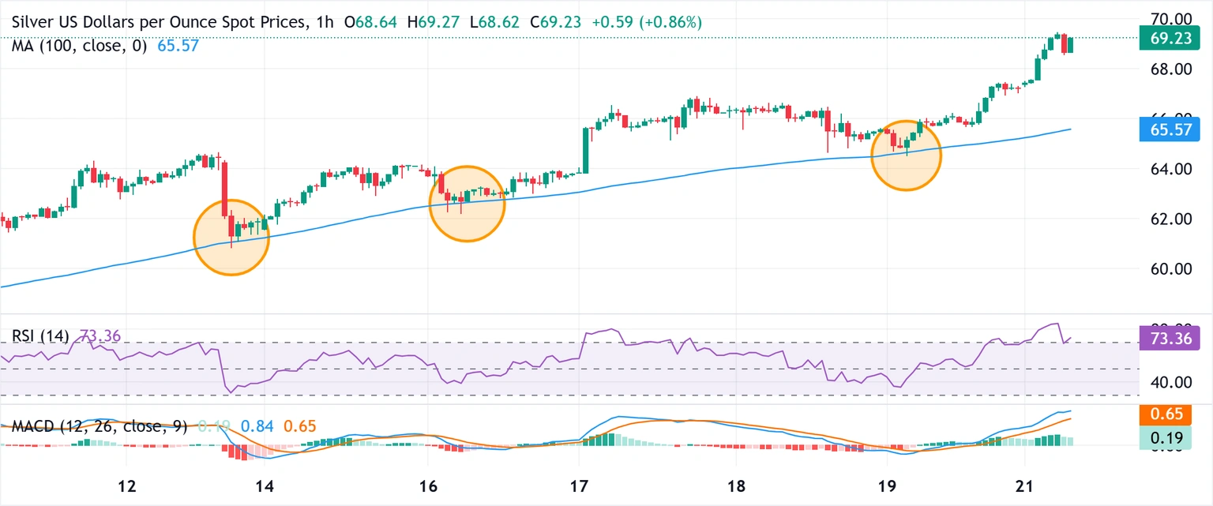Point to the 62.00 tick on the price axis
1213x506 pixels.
(x=1165, y=219)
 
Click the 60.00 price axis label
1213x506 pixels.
(x=1165, y=268)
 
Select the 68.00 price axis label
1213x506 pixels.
(x=1165, y=69)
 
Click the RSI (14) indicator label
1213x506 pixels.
(x=41, y=336)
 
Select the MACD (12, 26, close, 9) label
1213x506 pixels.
(x=100, y=427)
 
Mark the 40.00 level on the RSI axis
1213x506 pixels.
(x=1165, y=382)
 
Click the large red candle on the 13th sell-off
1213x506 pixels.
(x=224, y=189)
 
